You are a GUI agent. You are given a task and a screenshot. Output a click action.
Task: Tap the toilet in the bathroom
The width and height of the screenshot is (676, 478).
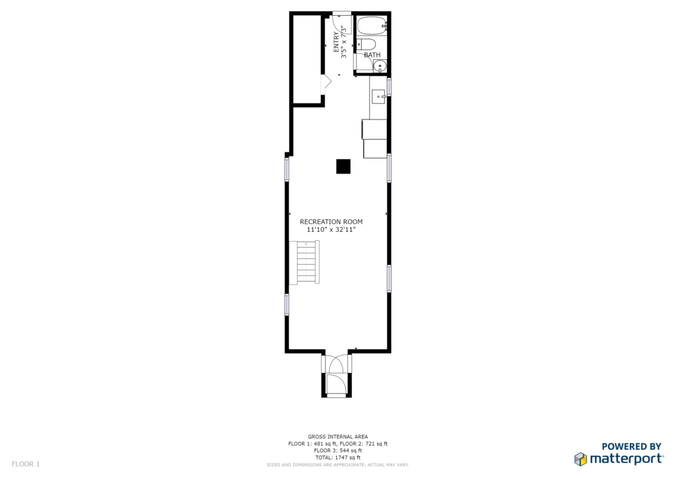366,44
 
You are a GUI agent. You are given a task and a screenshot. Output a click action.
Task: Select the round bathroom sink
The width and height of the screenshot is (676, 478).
380,67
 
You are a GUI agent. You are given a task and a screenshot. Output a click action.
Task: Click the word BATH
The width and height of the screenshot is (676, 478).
372,55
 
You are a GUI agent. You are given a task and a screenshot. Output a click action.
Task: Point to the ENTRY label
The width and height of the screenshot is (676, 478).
336,42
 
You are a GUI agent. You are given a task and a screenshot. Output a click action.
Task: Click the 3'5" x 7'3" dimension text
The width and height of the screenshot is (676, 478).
343,42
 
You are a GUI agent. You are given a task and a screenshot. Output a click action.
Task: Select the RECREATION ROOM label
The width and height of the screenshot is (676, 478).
331,222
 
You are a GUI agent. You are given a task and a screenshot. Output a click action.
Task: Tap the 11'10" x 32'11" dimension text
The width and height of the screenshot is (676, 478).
331,230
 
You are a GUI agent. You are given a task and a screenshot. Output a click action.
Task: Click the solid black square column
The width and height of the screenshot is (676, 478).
343,166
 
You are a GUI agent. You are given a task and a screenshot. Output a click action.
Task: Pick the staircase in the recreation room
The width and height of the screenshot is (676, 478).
304,263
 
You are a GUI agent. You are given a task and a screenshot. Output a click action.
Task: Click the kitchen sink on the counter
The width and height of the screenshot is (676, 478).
378,96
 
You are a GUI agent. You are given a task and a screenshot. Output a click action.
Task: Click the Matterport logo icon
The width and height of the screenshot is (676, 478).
581,459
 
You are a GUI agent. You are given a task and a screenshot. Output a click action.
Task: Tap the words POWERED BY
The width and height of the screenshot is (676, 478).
631,446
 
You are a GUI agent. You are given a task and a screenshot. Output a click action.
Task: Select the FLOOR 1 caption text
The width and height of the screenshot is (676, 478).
26,464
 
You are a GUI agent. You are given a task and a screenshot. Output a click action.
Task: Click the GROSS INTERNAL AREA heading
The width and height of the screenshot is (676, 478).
338,436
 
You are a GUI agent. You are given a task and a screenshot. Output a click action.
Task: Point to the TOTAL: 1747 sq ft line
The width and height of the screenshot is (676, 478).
338,458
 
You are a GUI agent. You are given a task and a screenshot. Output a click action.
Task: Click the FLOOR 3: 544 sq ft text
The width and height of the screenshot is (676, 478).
338,451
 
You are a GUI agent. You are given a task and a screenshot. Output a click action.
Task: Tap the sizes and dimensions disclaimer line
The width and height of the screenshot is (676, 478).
338,465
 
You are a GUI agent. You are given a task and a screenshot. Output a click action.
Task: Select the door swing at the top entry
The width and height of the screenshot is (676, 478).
343,24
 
